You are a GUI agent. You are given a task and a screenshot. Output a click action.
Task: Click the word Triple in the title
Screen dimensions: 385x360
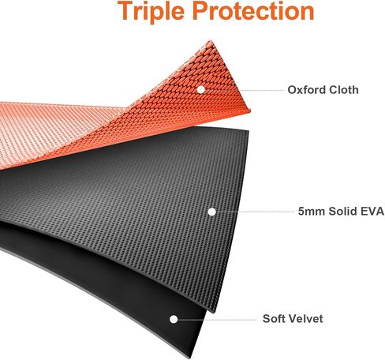point(151,12)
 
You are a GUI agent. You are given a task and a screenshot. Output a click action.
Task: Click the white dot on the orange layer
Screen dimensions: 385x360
point(201,89)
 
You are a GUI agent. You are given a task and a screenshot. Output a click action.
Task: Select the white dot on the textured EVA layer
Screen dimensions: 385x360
point(211,212)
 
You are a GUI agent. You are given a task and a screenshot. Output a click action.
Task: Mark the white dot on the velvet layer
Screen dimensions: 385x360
point(174,319)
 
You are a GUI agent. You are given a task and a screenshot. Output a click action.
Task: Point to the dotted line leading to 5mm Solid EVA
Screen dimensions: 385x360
point(255,212)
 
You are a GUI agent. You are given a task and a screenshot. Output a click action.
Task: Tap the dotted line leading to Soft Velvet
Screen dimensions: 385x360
point(217,320)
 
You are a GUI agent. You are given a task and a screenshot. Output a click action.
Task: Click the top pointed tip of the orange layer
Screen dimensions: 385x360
point(211,40)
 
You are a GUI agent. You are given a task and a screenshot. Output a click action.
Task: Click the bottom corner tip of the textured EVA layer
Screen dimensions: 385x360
point(215,312)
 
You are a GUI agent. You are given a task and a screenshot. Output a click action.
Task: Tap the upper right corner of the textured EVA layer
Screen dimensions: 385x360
point(248,130)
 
